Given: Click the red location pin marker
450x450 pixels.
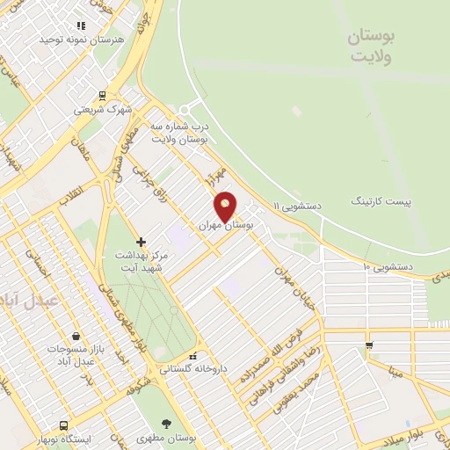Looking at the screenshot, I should point(226,206).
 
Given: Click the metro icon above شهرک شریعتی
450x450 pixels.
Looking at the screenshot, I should point(103,97).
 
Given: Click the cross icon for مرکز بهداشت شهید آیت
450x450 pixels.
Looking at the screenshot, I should point(140,242).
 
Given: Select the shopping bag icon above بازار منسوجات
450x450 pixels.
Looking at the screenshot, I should point(76,336).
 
